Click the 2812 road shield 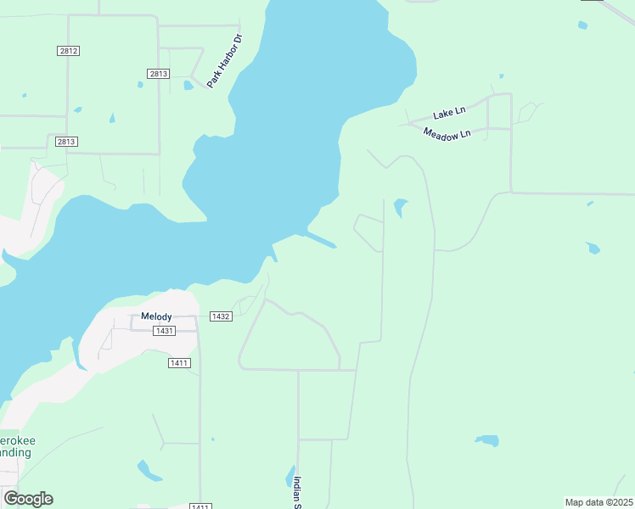[x=69, y=51]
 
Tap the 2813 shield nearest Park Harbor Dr [x=158, y=74]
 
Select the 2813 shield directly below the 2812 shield [x=66, y=142]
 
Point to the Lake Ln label [x=449, y=113]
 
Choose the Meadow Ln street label [x=447, y=134]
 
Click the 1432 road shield [x=221, y=316]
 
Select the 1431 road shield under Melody [x=165, y=330]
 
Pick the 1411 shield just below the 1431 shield [x=179, y=363]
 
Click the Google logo [x=28, y=499]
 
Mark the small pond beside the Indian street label [x=289, y=477]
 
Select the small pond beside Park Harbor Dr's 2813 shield [x=188, y=85]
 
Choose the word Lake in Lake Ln [x=443, y=114]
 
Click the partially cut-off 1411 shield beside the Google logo [x=200, y=506]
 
